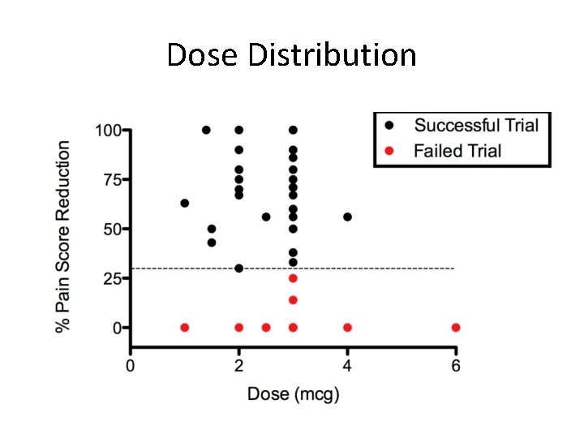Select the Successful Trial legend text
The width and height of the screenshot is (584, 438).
pos(476,125)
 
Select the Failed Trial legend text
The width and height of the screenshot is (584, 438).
pos(457,150)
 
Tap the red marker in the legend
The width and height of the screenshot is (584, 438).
pos(389,150)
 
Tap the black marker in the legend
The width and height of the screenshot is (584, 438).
pos(389,125)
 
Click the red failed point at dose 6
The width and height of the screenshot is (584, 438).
pos(456,328)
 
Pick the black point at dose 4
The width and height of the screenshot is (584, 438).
pos(347,217)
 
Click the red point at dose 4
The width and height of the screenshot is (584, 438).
pos(347,328)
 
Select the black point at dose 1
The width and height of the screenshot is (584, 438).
pos(185,203)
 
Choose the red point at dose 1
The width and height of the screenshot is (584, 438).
pos(185,328)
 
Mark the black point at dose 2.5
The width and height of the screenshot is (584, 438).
pos(266,217)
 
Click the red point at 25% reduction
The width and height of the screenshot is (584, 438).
pos(293,278)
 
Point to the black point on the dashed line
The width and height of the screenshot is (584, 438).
pos(238,268)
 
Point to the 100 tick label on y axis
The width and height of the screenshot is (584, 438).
pos(108,130)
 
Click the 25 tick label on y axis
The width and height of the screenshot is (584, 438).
pos(113,278)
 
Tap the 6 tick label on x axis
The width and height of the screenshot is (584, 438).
pos(456,366)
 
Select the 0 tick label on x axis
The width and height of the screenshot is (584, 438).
pos(131,366)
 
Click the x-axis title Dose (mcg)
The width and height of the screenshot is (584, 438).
pos(293,395)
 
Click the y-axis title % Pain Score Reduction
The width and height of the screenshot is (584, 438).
pos(63,236)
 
